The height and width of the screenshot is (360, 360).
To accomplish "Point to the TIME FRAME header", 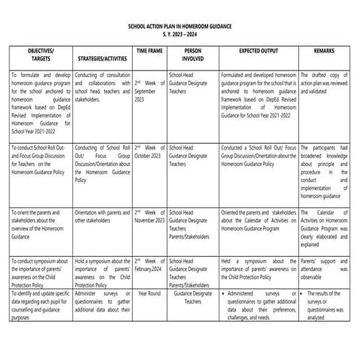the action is click(x=150, y=50).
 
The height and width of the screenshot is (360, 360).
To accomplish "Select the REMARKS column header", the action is click(x=323, y=50).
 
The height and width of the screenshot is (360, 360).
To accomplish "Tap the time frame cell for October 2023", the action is click(x=149, y=152).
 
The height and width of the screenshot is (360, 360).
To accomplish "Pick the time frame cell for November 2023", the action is click(x=149, y=215).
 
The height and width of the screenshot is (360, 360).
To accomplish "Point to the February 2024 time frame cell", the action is click(x=149, y=265).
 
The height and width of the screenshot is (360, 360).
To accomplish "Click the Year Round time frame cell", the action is click(x=149, y=293).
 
